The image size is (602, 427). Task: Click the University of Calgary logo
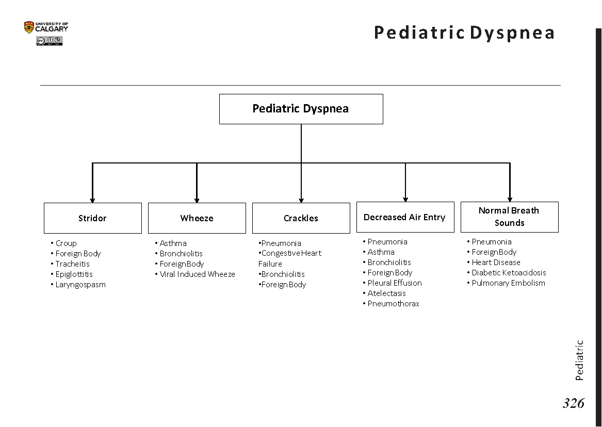[x=46, y=27]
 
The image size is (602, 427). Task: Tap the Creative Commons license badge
[x=49, y=41]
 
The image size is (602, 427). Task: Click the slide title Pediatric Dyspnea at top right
[x=464, y=32]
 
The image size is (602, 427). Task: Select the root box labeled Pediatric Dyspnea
[x=301, y=109]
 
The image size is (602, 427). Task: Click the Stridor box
[x=92, y=218]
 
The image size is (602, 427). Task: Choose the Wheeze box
[x=197, y=218]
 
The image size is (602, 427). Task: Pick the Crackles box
[x=301, y=218]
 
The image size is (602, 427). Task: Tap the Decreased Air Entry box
[x=405, y=217]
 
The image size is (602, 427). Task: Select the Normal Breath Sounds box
[x=509, y=217]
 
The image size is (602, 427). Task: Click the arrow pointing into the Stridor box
[x=92, y=199]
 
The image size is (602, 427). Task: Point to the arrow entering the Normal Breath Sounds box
[x=510, y=198]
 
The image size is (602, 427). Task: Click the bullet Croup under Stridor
[x=66, y=243]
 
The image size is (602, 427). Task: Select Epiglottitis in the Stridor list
[x=74, y=274]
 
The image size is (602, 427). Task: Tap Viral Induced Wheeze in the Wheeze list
[x=197, y=274]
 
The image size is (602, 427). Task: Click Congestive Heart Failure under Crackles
[x=290, y=258]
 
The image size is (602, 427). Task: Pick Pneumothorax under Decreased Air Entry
[x=393, y=304]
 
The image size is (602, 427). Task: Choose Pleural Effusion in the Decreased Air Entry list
[x=395, y=283]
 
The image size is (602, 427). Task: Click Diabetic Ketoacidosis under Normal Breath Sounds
[x=508, y=273]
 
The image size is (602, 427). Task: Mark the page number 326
[x=573, y=403]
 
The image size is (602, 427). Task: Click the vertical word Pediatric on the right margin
[x=579, y=360]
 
